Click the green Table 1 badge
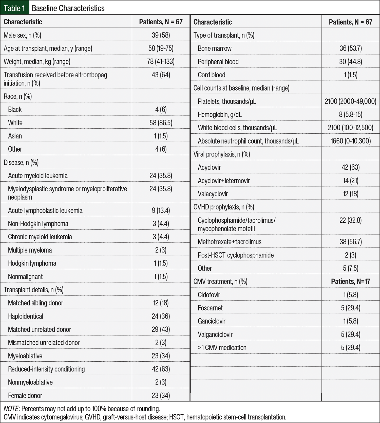coord(14,8)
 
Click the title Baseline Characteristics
coord(68,8)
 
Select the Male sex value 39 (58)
coord(161,35)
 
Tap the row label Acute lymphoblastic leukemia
coord(45,210)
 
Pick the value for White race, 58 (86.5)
coord(161,123)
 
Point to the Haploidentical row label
coord(26,316)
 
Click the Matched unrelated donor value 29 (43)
coord(161,329)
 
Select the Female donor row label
coord(25,395)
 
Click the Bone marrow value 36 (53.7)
coord(350,48)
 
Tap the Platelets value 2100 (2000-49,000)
coord(350,101)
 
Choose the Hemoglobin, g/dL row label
coord(220,114)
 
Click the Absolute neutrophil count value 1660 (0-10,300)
coord(350,141)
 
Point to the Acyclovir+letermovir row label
coord(224,181)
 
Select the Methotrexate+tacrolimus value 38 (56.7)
coord(350,242)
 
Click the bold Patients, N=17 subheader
coord(350,281)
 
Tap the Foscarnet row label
coord(210,308)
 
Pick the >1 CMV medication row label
coord(222,347)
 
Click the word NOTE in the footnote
coord(11,409)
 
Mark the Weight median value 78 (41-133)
coord(161,61)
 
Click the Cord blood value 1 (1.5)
coord(350,75)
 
